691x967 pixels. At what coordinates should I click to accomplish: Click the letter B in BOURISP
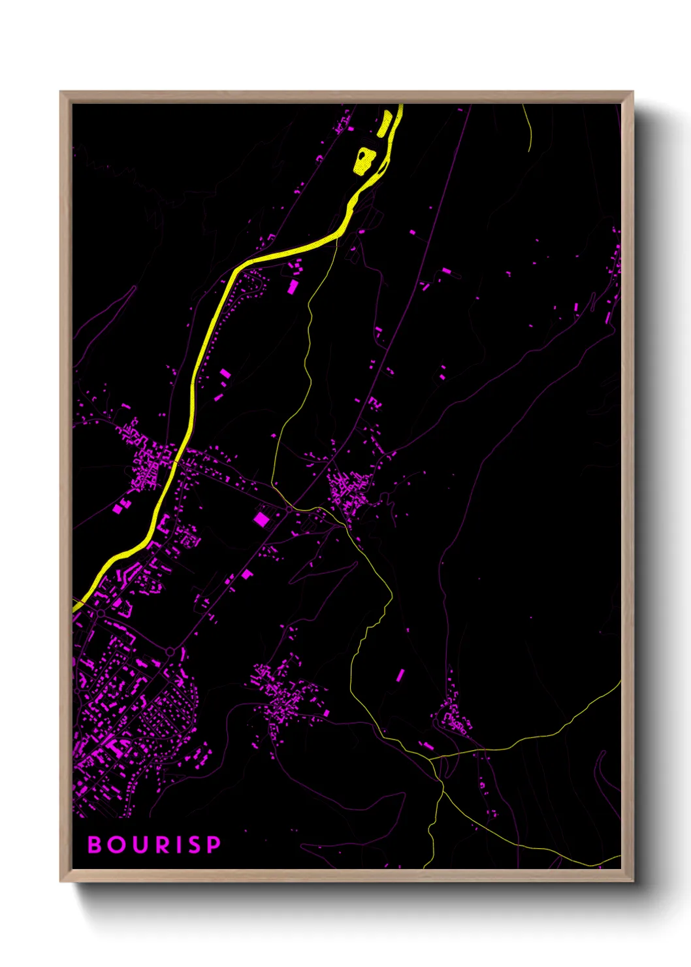click(x=95, y=844)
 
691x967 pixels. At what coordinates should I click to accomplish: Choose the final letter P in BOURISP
click(x=214, y=844)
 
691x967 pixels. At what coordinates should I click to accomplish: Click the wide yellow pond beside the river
click(x=364, y=160)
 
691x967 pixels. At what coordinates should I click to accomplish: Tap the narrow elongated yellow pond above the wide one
click(x=385, y=123)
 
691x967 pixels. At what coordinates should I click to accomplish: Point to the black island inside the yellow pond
click(x=363, y=157)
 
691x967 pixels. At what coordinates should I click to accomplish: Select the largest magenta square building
click(x=261, y=519)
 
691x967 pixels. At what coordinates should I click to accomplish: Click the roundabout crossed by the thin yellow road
click(x=289, y=508)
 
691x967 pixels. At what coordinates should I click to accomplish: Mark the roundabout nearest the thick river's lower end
click(x=101, y=614)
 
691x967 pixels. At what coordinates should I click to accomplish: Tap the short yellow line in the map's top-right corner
click(x=528, y=127)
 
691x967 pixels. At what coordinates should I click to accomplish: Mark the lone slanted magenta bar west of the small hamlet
click(x=400, y=675)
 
